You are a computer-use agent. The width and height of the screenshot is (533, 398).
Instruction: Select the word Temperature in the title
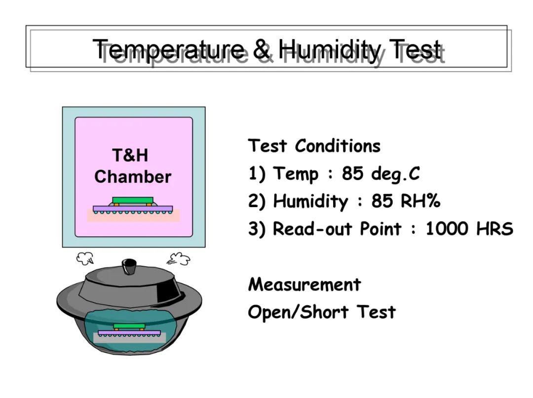pos(169,50)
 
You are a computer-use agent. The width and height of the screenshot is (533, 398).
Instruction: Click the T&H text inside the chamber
pos(130,155)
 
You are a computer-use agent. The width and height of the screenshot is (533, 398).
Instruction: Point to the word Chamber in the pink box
pos(133,177)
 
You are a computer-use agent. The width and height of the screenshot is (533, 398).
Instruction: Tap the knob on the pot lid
pos(129,265)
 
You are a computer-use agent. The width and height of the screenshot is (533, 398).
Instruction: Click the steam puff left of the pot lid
pos(85,258)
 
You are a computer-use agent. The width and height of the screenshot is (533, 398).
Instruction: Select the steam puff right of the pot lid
pos(179,259)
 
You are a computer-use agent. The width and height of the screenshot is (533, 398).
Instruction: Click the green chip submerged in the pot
pos(129,326)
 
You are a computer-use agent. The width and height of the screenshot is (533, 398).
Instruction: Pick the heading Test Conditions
pos(314,146)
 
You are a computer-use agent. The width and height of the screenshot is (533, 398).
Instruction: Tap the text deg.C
pos(395,174)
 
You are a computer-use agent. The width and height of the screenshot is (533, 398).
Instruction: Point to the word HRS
pos(495,228)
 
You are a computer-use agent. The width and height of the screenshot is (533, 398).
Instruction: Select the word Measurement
pos(305,284)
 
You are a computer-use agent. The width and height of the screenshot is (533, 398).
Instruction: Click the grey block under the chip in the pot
pos(129,337)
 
